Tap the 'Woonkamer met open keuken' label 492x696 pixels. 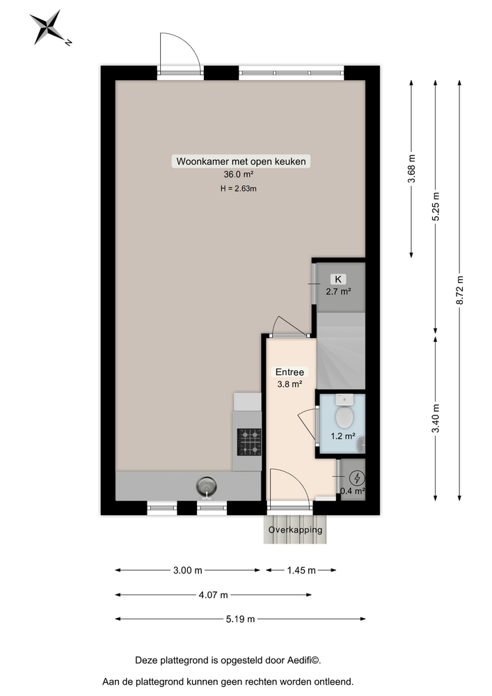point(241,161)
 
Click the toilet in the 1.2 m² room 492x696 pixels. point(343,416)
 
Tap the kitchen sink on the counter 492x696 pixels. point(207,484)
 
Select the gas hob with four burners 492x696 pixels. point(249,441)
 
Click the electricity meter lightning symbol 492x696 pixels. point(357,478)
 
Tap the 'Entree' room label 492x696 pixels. point(289,372)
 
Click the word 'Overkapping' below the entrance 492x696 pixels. point(296,530)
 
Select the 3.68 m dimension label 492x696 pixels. point(412,169)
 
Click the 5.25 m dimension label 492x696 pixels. point(436,207)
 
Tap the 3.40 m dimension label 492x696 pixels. point(436,418)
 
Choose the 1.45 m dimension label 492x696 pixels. point(301,571)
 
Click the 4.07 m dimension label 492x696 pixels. point(214,595)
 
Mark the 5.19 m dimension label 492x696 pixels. point(241,619)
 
